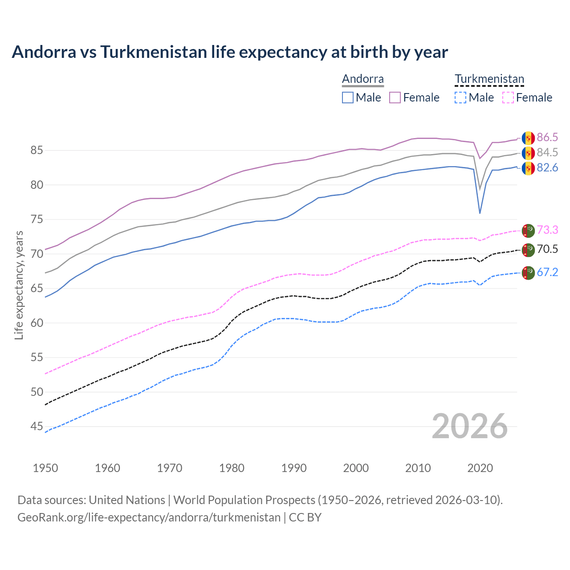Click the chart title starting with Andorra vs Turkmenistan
tap(230, 52)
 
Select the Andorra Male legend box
tap(348, 98)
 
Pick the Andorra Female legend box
tap(395, 98)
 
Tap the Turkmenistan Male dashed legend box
tap(460, 98)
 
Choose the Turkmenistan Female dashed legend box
tap(508, 98)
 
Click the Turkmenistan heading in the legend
tap(489, 79)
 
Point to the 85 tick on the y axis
tap(37, 151)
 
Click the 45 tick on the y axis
tap(37, 427)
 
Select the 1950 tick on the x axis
tap(45, 468)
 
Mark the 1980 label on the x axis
tap(232, 468)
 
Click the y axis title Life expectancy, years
tap(19, 285)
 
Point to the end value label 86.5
tap(547, 137)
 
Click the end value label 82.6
tap(547, 168)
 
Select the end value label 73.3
tap(547, 230)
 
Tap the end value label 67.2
tap(547, 272)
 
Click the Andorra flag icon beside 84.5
tap(528, 153)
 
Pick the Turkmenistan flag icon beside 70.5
tap(528, 250)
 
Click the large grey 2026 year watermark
tap(470, 427)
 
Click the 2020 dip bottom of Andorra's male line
tap(480, 213)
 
